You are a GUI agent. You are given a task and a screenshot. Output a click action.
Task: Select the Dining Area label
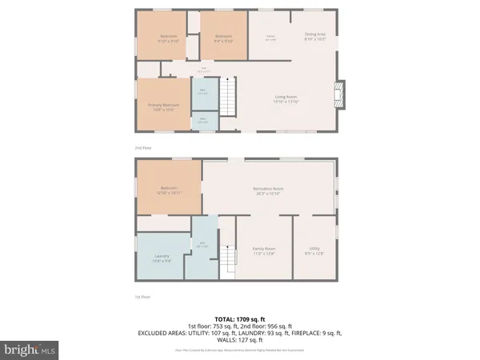pyautogui.click(x=317, y=35)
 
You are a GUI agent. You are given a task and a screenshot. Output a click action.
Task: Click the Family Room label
pyautogui.click(x=264, y=251)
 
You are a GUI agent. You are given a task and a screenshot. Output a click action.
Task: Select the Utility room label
pyautogui.click(x=316, y=251)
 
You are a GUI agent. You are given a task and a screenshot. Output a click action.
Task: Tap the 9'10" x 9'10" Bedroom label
pyautogui.click(x=168, y=38)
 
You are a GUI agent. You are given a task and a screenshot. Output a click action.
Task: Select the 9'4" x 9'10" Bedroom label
pyautogui.click(x=223, y=38)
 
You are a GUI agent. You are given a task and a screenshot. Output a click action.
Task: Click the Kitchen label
pyautogui.click(x=270, y=37)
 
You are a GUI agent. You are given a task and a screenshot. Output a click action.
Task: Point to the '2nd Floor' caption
pyautogui.click(x=142, y=148)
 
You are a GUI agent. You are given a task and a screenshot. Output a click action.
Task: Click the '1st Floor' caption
pyautogui.click(x=142, y=297)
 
